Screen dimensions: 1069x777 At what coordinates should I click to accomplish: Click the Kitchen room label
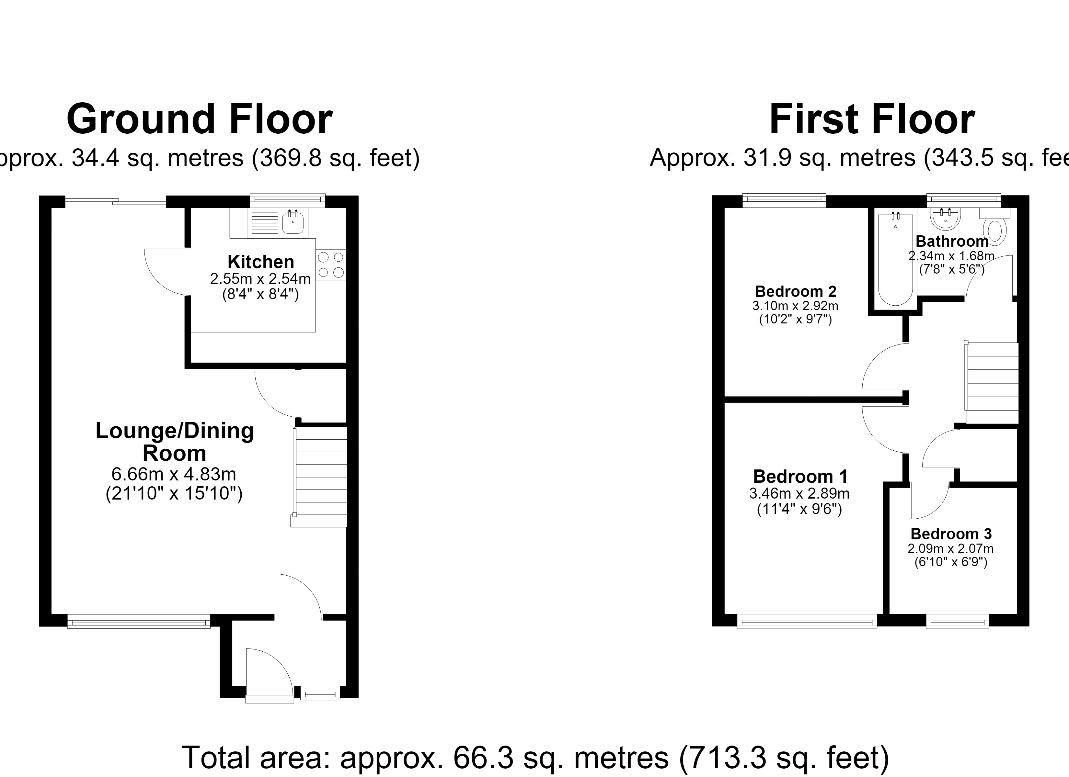[261, 262]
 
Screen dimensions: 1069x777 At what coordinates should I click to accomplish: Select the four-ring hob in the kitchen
[331, 265]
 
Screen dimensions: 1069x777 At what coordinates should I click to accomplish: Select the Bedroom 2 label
[796, 291]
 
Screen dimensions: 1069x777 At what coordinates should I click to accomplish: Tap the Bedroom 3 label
[951, 534]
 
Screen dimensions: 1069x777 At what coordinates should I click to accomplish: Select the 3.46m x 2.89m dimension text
[799, 493]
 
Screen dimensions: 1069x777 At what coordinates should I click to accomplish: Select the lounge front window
[139, 621]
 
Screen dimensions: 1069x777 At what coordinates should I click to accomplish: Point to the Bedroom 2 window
[784, 200]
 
